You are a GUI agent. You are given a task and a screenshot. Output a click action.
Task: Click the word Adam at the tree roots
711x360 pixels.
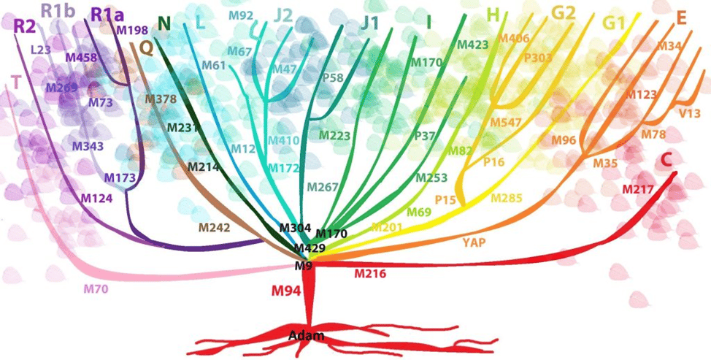coord(306,336)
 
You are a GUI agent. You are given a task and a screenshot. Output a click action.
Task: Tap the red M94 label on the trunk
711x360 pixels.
coord(286,291)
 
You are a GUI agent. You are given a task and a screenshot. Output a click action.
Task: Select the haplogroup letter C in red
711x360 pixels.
coord(666,159)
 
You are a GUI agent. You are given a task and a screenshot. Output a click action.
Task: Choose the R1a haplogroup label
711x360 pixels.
coord(107,14)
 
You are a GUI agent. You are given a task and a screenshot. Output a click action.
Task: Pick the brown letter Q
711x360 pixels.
coord(146,47)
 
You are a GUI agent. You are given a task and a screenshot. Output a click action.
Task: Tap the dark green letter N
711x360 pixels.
coord(164,23)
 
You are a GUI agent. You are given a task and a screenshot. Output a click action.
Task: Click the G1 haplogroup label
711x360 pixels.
coord(615,23)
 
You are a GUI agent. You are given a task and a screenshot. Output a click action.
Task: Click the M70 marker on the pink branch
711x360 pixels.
coord(96,289)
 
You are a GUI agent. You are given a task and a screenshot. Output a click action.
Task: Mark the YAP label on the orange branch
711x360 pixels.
coord(474,242)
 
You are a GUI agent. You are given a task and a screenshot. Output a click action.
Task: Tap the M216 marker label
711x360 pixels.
coord(370,274)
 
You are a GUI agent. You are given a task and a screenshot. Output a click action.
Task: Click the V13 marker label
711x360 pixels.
coord(690,113)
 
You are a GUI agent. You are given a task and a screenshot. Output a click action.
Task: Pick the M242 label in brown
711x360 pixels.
coord(215,228)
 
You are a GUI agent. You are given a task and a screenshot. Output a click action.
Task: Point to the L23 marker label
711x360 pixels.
coord(41,50)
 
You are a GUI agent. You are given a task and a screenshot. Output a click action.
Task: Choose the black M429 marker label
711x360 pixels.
coord(310,248)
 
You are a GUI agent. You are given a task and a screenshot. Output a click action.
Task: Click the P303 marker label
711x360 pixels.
coord(539,57)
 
